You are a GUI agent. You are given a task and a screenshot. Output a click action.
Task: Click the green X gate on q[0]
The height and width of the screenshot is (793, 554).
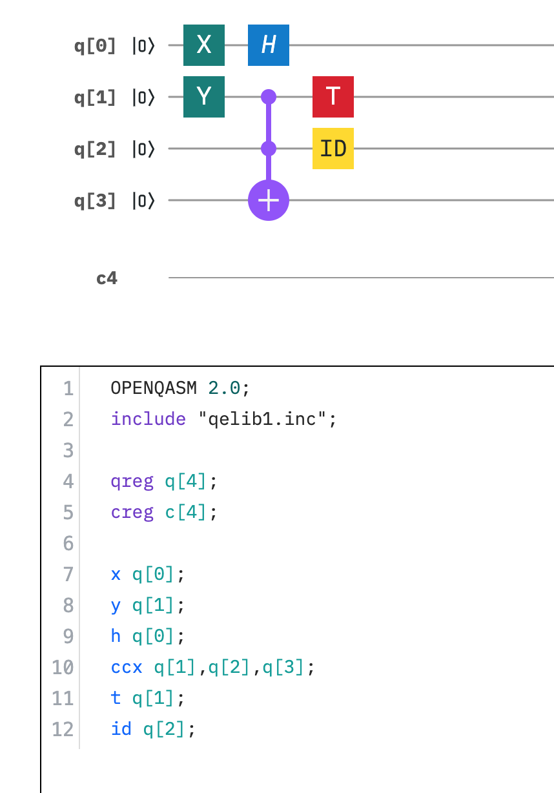[x=203, y=45]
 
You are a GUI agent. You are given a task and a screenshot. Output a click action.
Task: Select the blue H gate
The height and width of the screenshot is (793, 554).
[x=268, y=45]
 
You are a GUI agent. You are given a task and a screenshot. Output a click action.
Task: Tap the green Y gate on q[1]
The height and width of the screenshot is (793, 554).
[x=203, y=97]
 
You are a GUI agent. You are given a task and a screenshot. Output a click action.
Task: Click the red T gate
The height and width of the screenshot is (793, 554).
[x=333, y=97]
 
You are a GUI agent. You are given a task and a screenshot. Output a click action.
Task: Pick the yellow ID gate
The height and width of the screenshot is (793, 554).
[x=333, y=149]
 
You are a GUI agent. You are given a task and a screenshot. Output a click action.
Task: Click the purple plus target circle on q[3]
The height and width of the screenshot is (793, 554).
[x=268, y=200]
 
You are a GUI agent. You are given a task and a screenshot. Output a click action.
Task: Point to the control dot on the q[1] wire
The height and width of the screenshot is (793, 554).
[x=268, y=97]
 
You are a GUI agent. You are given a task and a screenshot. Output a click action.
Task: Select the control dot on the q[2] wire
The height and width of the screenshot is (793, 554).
[x=268, y=149]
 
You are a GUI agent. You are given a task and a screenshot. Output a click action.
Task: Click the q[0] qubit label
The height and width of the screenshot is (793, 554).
[x=95, y=46]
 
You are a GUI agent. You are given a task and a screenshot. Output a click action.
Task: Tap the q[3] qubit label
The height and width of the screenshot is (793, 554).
[x=95, y=201]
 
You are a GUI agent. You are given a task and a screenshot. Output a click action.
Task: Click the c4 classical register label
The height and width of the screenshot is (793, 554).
[x=107, y=278]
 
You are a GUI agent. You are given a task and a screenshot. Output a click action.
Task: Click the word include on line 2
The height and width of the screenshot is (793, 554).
[x=148, y=419]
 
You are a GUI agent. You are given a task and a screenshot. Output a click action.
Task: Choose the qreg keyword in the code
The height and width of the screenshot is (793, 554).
[x=132, y=481]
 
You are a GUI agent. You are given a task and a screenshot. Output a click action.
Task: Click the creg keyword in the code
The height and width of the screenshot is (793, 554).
[x=132, y=512]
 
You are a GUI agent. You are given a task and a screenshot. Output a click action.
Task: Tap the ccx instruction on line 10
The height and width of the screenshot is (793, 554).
[x=127, y=667]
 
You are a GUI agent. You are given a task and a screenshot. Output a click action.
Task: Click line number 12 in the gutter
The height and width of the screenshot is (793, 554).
[x=63, y=729]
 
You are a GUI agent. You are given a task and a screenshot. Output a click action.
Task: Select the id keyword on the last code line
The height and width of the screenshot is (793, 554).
[x=121, y=729]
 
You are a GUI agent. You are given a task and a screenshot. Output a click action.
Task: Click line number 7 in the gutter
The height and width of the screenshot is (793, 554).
[x=68, y=574]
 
